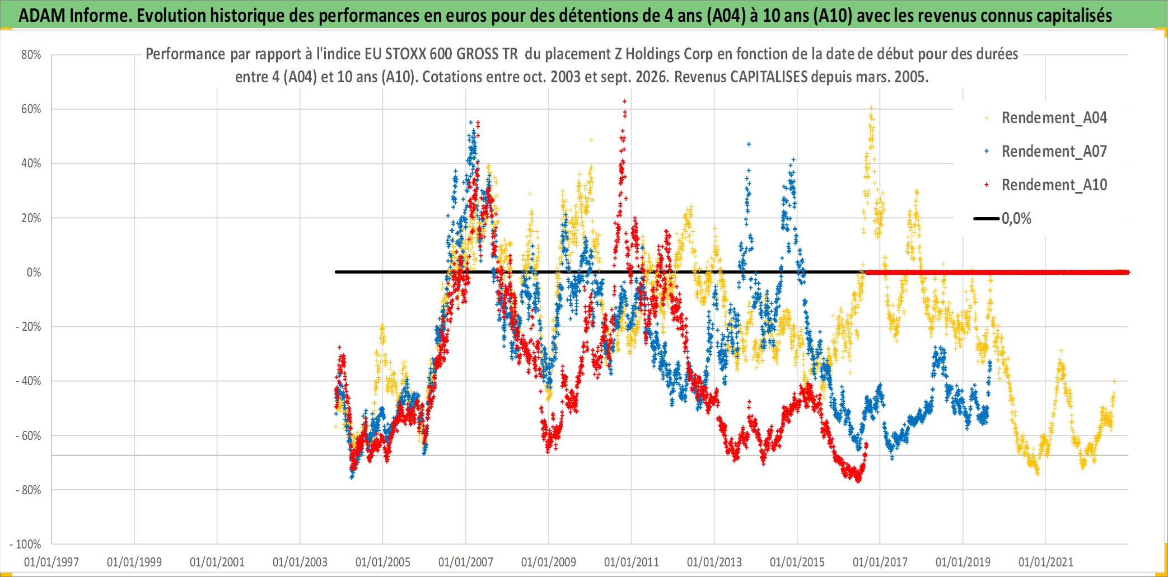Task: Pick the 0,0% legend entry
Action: point(1003,219)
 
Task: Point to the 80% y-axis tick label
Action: point(31,55)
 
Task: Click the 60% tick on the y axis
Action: point(31,109)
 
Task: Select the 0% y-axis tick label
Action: point(34,273)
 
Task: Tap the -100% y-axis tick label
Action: point(26,544)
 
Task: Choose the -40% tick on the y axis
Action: point(29,381)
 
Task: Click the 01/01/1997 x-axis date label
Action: point(52,562)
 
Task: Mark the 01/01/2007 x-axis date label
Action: point(466,562)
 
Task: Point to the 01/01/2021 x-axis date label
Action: point(1046,562)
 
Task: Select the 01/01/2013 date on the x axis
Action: point(714,562)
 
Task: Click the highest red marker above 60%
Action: point(624,101)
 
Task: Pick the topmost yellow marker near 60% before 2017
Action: point(871,108)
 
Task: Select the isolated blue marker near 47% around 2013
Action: point(749,144)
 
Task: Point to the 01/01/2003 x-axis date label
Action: point(300,562)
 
